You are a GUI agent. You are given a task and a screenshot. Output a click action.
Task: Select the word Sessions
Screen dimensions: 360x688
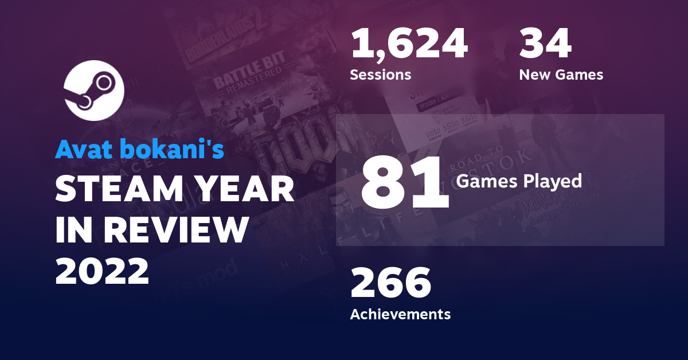(x=380, y=75)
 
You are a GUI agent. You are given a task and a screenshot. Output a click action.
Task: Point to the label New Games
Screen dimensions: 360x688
(x=561, y=75)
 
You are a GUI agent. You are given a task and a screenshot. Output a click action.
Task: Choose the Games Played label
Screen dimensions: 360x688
(x=519, y=182)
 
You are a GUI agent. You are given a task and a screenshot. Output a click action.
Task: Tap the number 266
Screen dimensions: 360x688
(x=390, y=283)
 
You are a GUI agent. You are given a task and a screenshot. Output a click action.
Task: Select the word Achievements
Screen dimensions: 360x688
(x=400, y=314)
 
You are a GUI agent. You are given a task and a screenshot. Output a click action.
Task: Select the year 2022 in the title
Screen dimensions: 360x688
(x=102, y=271)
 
